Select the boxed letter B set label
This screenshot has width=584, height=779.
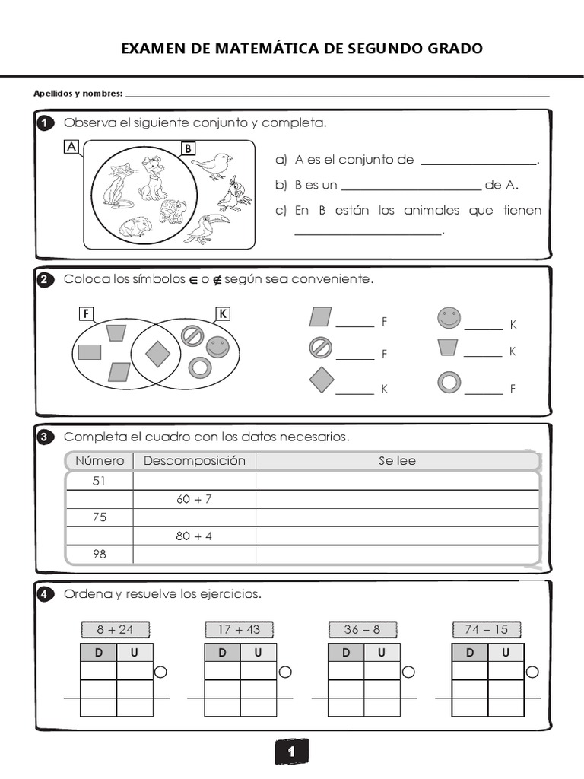pyautogui.click(x=188, y=148)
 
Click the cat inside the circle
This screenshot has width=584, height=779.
pyautogui.click(x=118, y=186)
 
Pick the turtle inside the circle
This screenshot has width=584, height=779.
pyautogui.click(x=173, y=211)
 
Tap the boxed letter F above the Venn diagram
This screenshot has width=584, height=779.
pyautogui.click(x=86, y=313)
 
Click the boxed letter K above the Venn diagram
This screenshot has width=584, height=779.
pyautogui.click(x=223, y=313)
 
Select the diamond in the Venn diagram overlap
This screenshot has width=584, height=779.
pyautogui.click(x=157, y=353)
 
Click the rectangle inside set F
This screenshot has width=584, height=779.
pyautogui.click(x=90, y=352)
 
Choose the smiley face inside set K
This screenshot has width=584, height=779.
pyautogui.click(x=217, y=347)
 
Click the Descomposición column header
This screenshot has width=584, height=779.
pyautogui.click(x=194, y=461)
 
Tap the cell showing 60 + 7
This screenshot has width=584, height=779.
pyautogui.click(x=194, y=499)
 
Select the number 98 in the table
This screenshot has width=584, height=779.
pyautogui.click(x=100, y=554)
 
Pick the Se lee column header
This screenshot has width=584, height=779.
pyautogui.click(x=397, y=461)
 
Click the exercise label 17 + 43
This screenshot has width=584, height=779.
pyautogui.click(x=238, y=629)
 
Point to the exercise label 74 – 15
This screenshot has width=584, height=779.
pyautogui.click(x=487, y=629)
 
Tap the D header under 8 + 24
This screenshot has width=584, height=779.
pyautogui.click(x=99, y=653)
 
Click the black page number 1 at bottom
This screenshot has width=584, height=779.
pyautogui.click(x=291, y=752)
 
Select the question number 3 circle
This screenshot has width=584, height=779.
pyautogui.click(x=44, y=437)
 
